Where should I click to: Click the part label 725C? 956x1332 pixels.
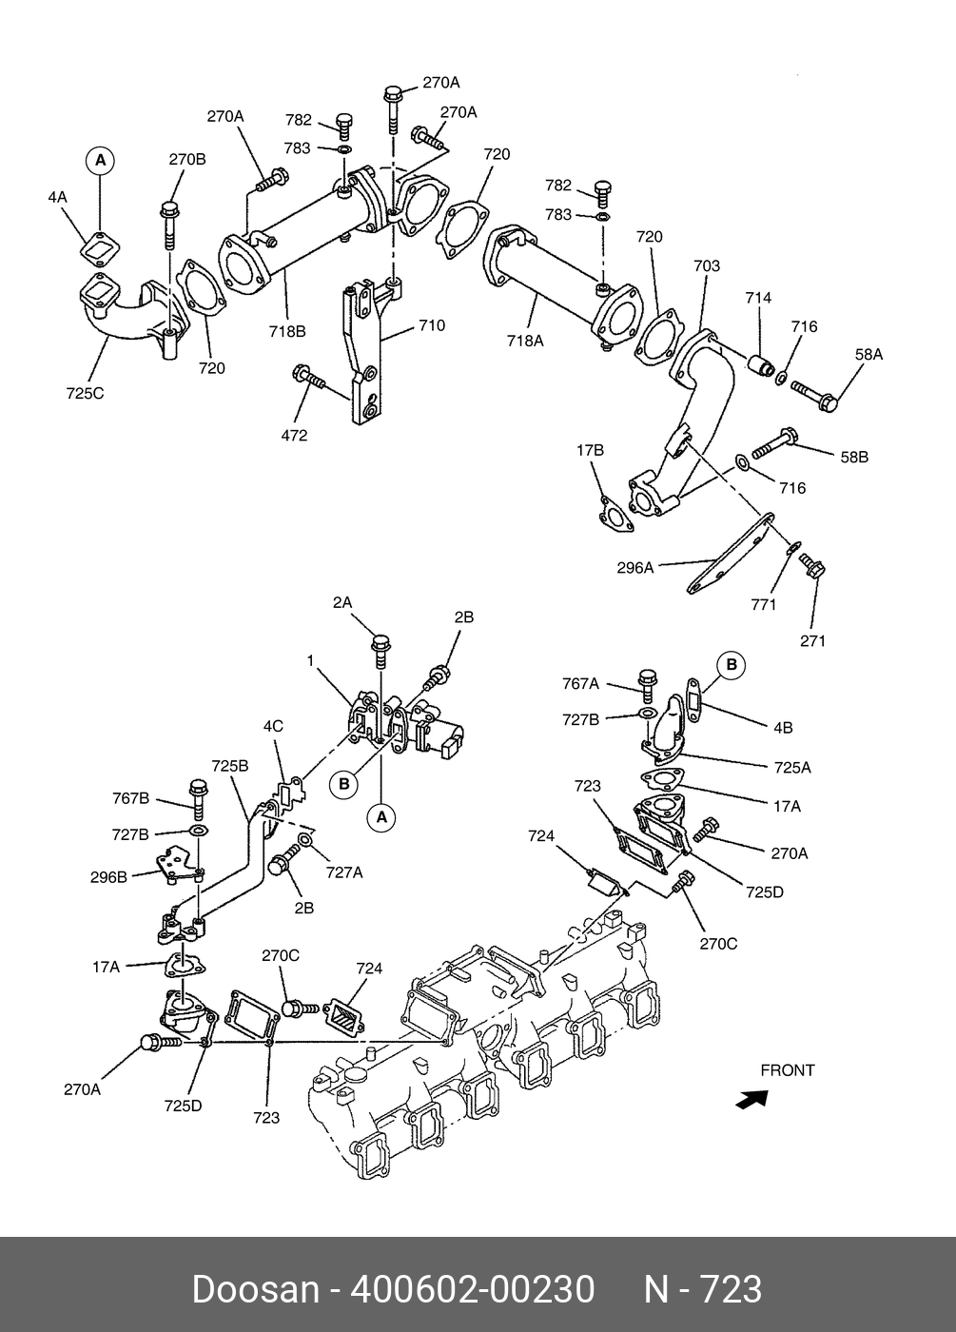(x=85, y=392)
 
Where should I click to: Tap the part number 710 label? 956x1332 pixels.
(x=431, y=325)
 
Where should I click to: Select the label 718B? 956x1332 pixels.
(x=286, y=331)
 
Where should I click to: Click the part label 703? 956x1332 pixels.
(x=707, y=266)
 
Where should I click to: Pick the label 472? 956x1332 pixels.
(x=295, y=435)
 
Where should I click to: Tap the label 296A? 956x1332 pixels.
(x=635, y=568)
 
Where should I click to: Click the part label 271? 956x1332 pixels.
(x=812, y=640)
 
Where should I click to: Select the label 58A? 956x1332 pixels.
(x=868, y=354)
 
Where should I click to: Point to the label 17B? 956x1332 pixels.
(x=590, y=449)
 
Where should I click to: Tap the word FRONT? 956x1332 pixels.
(x=787, y=1070)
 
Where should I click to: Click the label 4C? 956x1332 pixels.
(x=273, y=726)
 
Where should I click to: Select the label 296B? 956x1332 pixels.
(x=108, y=877)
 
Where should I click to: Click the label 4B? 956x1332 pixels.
(x=782, y=728)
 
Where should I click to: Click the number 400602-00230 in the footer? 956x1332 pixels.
(x=473, y=1289)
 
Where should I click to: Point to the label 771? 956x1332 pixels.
(x=763, y=604)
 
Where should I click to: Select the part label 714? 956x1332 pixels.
(x=758, y=298)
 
